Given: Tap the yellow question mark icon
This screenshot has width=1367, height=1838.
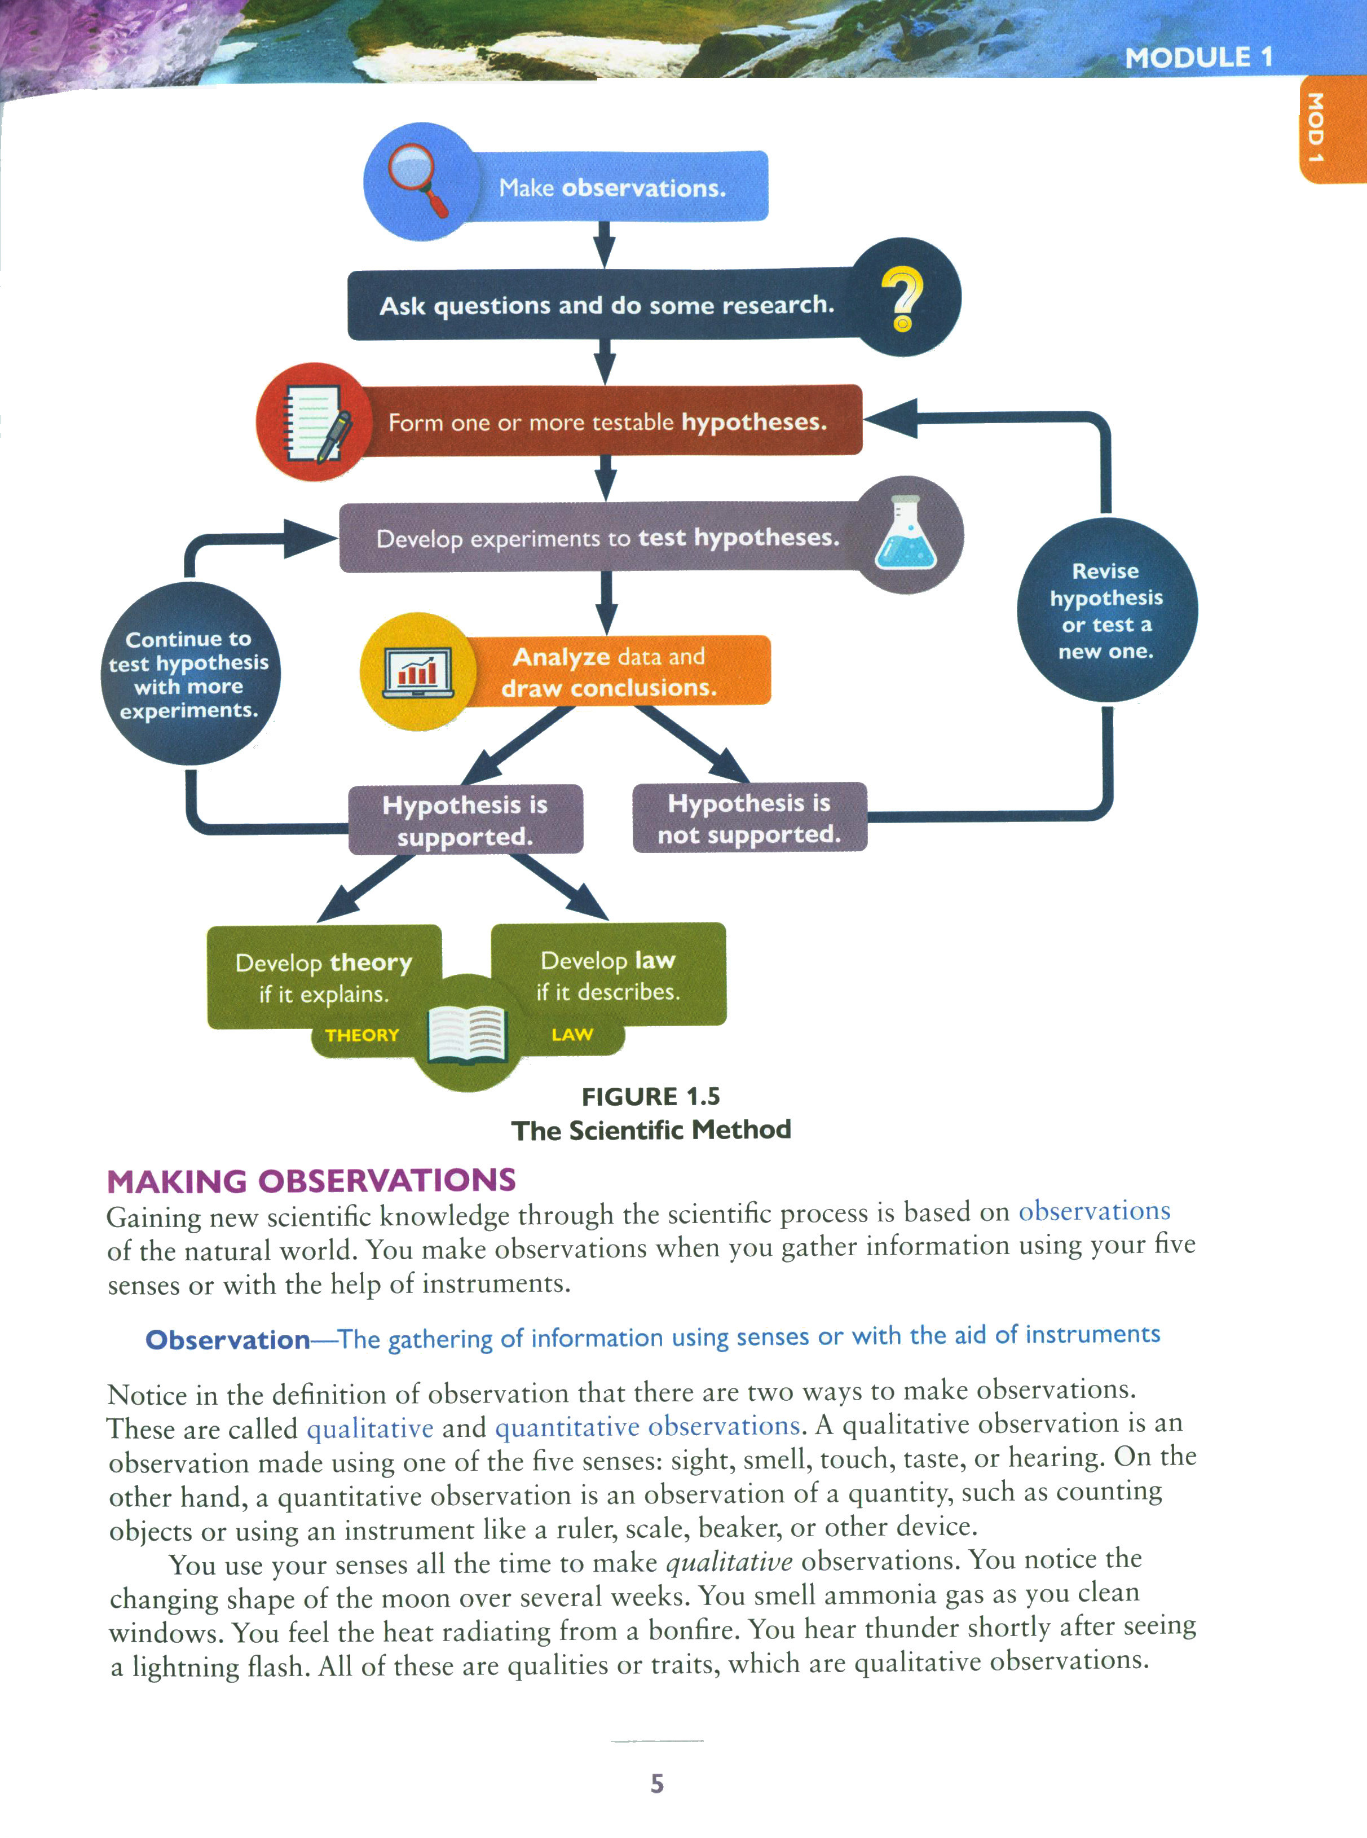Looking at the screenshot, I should (902, 298).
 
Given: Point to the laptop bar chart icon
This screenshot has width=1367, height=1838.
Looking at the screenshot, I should (418, 671).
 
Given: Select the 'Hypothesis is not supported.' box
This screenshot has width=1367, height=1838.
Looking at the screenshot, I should (749, 817).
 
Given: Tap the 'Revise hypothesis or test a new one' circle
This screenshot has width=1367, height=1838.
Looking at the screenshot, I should (1106, 611).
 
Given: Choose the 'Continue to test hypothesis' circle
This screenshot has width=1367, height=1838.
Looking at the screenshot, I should (189, 674).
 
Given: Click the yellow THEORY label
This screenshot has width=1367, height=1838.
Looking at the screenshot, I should (361, 1035).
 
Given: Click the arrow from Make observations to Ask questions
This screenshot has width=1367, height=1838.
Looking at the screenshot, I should (605, 245).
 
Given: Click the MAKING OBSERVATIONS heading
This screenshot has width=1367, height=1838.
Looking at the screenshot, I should (311, 1181).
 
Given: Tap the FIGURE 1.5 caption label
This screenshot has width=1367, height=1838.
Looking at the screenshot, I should (650, 1097).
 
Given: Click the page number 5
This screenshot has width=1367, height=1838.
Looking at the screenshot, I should (657, 1783).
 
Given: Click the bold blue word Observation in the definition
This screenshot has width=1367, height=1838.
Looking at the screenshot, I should (228, 1340).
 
